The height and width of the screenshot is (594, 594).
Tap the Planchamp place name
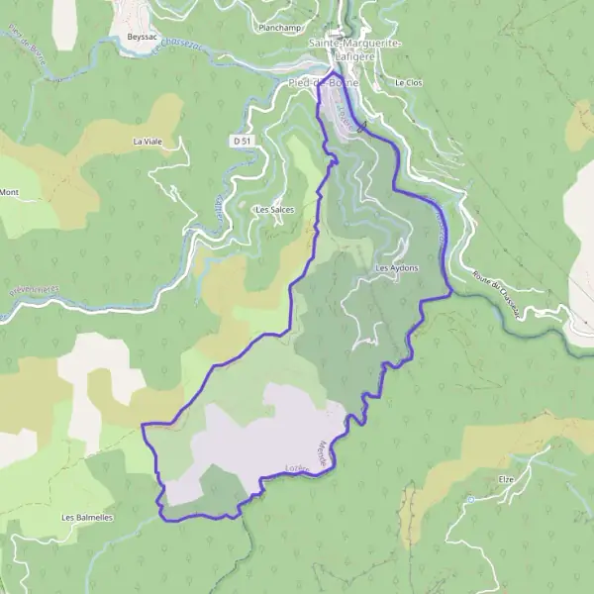point(279,28)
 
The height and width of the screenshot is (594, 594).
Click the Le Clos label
point(408,83)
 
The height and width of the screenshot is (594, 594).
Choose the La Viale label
point(147,142)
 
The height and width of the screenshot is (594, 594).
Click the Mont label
point(10,192)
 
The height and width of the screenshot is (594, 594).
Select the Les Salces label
point(274,210)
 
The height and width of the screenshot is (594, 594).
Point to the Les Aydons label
point(396,268)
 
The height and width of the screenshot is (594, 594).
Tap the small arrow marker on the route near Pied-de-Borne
point(361,126)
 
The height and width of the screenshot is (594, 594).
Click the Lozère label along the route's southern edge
point(294,469)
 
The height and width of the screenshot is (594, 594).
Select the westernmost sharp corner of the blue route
point(143,425)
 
